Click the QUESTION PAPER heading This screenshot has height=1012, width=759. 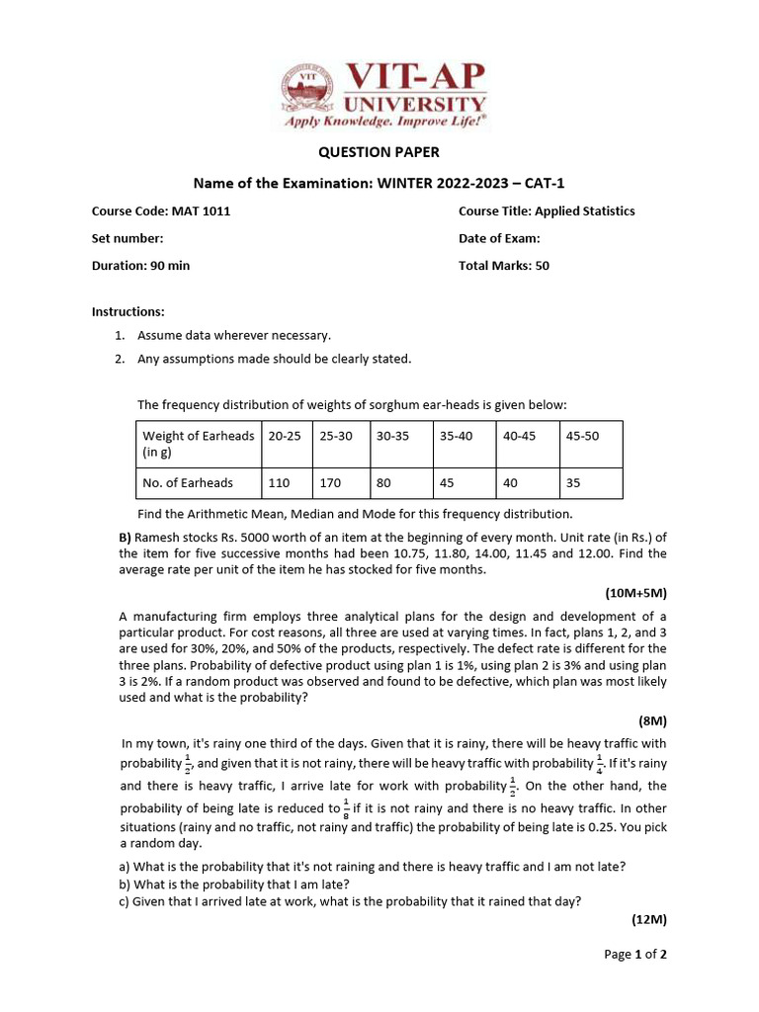379,152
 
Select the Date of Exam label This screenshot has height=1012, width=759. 499,238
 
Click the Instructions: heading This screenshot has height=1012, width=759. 128,311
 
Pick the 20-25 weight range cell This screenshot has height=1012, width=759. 281,436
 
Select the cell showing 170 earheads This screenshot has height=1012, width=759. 330,483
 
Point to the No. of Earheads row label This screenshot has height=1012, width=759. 189,483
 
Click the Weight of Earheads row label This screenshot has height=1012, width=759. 198,444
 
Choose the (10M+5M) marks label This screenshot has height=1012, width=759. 635,593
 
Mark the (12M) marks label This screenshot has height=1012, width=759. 648,919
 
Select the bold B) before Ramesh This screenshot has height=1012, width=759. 124,537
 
